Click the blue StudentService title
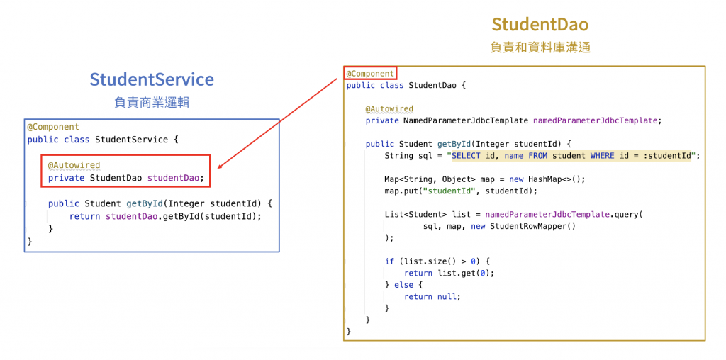pyautogui.click(x=152, y=79)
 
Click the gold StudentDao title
pyautogui.click(x=540, y=24)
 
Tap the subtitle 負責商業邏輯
pyautogui.click(x=152, y=102)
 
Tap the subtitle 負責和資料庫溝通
pyautogui.click(x=540, y=47)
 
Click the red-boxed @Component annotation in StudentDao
pyautogui.click(x=369, y=73)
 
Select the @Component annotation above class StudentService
pyautogui.click(x=53, y=127)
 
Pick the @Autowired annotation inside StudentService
pyautogui.click(x=74, y=166)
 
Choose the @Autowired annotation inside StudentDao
pyautogui.click(x=389, y=108)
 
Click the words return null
pyautogui.click(x=432, y=296)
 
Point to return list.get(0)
pyautogui.click(x=449, y=273)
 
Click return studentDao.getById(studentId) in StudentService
pyautogui.click(x=165, y=216)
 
